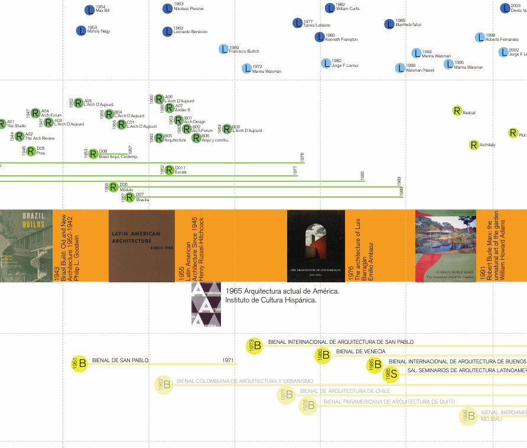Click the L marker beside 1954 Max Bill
89,9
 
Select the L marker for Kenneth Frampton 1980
320,37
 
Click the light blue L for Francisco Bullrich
223,49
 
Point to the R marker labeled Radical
457,111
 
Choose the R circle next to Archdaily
473,144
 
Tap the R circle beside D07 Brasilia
130,197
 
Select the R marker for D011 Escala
170,170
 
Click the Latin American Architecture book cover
142,246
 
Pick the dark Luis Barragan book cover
315,246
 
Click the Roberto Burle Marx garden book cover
445,246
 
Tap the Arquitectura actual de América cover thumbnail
206,304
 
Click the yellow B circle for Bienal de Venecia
322,355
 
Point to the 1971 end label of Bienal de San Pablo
228,360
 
